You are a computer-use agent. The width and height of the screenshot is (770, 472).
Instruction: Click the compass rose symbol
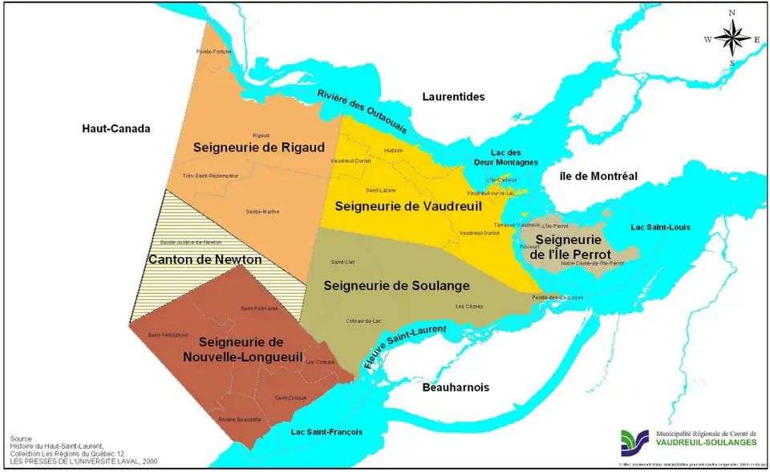(731, 37)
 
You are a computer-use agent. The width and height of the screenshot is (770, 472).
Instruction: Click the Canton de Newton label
(205, 259)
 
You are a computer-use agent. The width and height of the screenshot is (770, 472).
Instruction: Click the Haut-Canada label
(116, 128)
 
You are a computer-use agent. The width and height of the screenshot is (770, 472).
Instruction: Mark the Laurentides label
(453, 96)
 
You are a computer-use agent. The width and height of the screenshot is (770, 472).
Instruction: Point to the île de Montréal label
(598, 176)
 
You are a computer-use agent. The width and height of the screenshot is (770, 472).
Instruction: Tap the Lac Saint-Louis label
(661, 227)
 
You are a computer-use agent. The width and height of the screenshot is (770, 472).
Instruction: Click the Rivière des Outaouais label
(362, 112)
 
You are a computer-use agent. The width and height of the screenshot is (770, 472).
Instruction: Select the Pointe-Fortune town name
(213, 52)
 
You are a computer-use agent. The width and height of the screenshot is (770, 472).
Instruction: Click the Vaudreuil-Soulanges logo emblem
(634, 443)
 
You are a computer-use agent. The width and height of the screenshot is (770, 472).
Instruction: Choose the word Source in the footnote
(22, 439)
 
